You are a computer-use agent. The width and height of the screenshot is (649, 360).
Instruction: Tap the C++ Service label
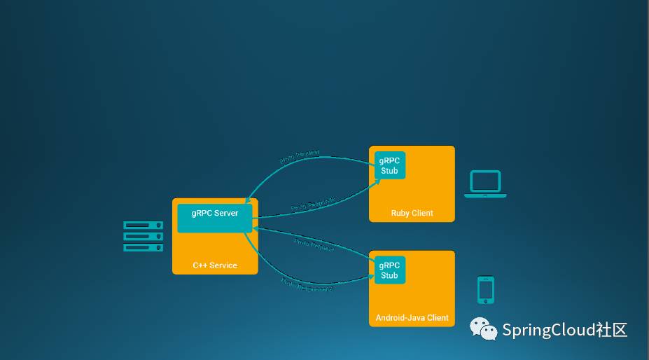coord(215,265)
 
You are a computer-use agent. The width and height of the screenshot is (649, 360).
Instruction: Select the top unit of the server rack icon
coord(144,225)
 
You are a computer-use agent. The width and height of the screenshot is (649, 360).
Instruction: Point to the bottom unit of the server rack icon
coord(144,247)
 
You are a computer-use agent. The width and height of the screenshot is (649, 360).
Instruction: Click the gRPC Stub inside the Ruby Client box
coord(389,165)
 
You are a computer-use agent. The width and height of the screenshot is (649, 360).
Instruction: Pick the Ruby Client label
coord(412,213)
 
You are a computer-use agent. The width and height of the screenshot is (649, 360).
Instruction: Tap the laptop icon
coord(485,184)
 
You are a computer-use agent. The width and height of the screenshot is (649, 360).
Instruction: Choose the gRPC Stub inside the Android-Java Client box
coord(389,270)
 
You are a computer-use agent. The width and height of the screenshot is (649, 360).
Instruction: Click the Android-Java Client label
coord(412,318)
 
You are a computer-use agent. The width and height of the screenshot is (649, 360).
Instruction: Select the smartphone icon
coord(486,290)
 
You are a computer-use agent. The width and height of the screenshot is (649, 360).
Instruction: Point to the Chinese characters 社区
coord(611,331)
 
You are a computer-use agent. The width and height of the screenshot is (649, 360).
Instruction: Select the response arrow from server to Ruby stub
coord(315,207)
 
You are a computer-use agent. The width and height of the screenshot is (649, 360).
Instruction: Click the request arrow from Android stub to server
coord(315,247)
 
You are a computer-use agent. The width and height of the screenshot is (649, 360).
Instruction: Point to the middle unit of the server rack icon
coord(144,236)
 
